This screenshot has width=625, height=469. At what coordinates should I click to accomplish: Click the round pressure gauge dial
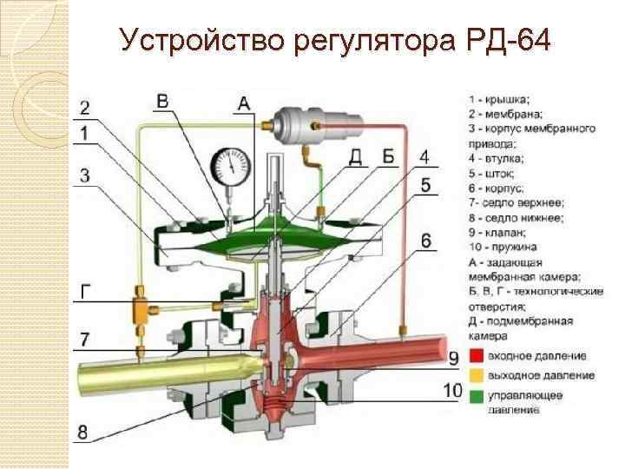pyautogui.click(x=229, y=162)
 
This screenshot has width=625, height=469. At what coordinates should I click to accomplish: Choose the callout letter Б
pyautogui.click(x=388, y=156)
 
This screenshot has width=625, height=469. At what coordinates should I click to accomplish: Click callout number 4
pyautogui.click(x=423, y=156)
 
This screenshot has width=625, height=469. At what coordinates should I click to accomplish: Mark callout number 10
pyautogui.click(x=452, y=391)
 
